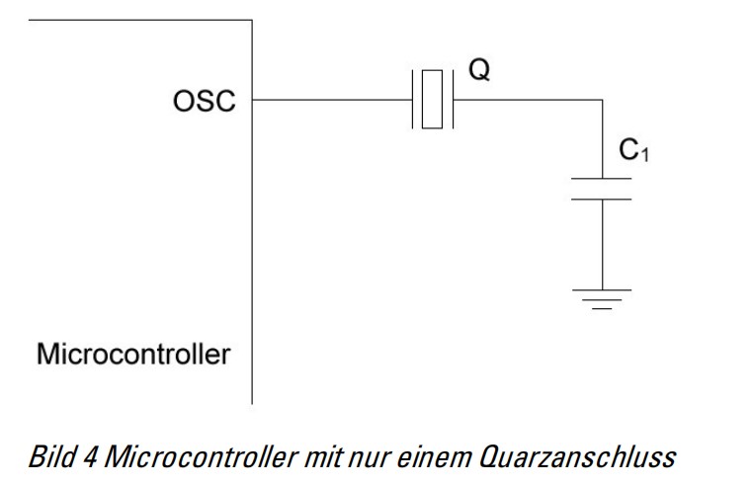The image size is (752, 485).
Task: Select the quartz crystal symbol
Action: (431, 99)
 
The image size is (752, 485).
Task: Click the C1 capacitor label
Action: (632, 150)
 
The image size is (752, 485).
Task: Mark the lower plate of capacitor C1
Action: (601, 199)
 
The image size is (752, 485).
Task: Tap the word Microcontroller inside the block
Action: (133, 353)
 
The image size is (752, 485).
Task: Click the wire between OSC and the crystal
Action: (331, 99)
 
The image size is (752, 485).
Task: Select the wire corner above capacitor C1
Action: (601, 99)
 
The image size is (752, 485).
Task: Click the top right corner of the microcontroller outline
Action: (252, 20)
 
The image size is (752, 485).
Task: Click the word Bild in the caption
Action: (49, 456)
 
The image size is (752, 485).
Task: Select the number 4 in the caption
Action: (88, 456)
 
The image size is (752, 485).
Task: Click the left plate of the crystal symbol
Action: (411, 99)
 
